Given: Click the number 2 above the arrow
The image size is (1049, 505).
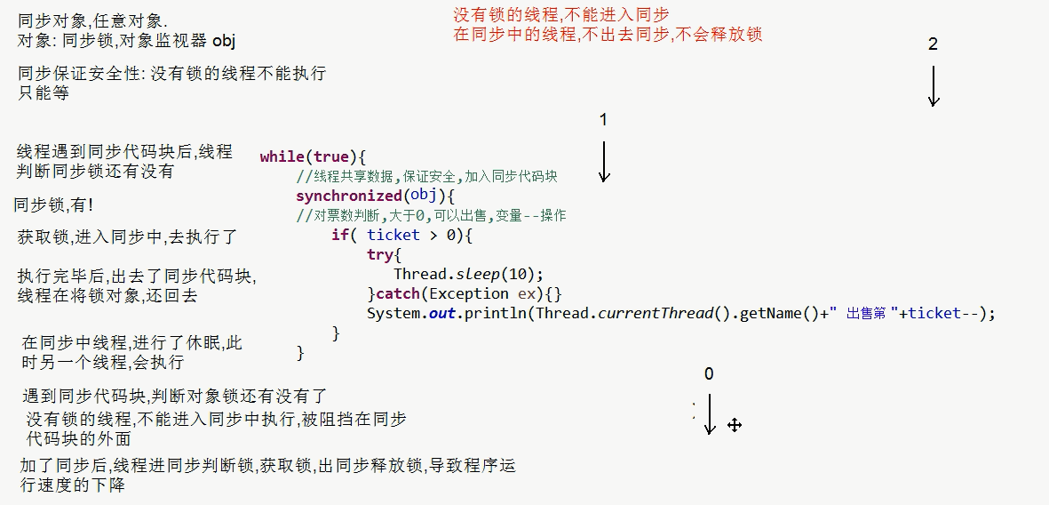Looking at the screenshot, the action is click(933, 44).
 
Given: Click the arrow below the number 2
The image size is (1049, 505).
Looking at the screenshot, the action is click(933, 87).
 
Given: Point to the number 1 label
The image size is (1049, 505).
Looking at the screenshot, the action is click(604, 120).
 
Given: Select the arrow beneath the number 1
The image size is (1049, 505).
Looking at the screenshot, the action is click(604, 162).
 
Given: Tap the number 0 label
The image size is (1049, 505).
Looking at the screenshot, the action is click(708, 374).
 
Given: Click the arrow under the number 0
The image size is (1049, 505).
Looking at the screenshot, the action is click(709, 414).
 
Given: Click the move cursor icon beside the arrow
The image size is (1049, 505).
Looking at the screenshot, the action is click(735, 425).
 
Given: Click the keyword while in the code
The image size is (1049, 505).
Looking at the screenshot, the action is click(282, 157).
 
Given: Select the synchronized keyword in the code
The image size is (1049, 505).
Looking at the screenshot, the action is click(348, 196).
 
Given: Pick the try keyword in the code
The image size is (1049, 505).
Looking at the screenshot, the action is click(379, 255).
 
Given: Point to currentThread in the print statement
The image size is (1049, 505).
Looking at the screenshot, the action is click(656, 314).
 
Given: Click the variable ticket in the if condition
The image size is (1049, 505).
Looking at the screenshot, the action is click(393, 236).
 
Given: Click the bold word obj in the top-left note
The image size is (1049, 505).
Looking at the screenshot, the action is click(224, 41).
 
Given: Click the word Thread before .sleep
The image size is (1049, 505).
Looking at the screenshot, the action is click(419, 275).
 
